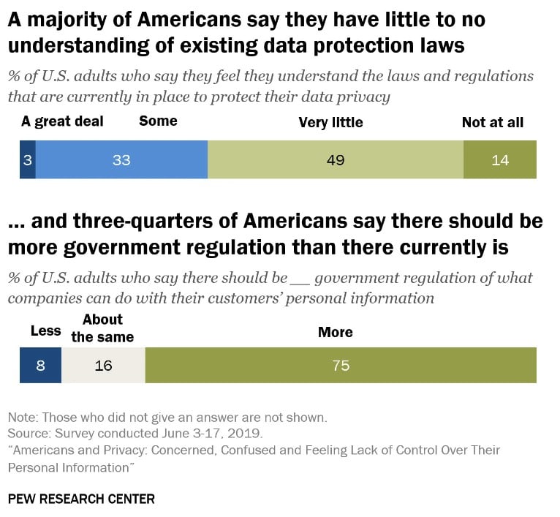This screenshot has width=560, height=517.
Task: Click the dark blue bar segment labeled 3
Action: (x=28, y=159)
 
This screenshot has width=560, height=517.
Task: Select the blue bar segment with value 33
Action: (x=121, y=159)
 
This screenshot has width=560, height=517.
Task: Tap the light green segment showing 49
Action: (x=336, y=159)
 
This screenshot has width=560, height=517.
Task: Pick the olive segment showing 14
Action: (x=500, y=159)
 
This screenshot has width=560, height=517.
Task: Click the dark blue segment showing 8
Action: (x=40, y=365)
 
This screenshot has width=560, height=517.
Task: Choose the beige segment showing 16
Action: (x=103, y=365)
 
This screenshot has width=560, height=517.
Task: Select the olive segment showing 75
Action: (x=341, y=365)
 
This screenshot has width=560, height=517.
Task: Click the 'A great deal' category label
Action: (x=62, y=121)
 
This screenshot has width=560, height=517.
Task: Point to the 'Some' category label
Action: (x=158, y=121)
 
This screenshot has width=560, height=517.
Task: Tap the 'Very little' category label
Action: (x=330, y=122)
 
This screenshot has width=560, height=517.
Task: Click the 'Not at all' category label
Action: (x=493, y=122)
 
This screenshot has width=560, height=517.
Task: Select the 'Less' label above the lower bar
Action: (x=45, y=331)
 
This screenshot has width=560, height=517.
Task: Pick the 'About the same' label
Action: (x=102, y=328)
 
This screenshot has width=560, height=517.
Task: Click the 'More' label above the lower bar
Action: (x=335, y=332)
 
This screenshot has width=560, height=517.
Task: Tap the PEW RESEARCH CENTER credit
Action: (x=81, y=499)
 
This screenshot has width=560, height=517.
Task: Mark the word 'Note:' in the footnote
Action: (x=23, y=418)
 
